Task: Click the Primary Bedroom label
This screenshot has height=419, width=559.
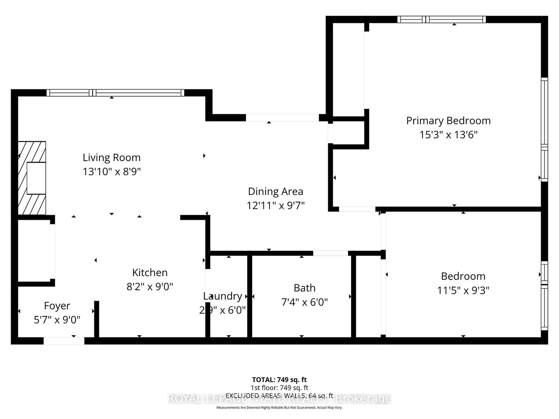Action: point(448,121)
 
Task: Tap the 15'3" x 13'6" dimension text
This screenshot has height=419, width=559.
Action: point(448,135)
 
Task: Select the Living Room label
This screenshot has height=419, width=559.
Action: point(111,157)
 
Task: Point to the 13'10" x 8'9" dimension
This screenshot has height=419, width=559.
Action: point(111,172)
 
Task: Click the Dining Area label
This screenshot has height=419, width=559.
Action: point(275,191)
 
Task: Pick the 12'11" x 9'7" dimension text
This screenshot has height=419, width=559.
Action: point(275,206)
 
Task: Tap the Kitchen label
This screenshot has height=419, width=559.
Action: point(150,272)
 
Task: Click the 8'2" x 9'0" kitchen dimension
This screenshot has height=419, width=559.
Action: point(150,287)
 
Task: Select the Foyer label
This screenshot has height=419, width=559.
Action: point(57,306)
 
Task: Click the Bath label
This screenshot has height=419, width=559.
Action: point(304,288)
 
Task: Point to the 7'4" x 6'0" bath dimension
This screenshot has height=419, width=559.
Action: point(304,302)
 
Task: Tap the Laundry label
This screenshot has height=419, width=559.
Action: point(223,296)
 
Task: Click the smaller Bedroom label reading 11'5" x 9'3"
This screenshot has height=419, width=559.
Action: point(463,276)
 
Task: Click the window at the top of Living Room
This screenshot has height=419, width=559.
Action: point(115,93)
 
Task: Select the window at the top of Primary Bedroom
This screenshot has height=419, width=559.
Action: point(441,20)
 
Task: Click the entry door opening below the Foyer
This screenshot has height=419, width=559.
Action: point(64,341)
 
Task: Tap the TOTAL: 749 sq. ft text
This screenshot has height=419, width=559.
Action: point(279,380)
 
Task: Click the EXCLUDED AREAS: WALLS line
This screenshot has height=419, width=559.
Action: point(279,396)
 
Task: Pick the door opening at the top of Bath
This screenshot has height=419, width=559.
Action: point(330,253)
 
